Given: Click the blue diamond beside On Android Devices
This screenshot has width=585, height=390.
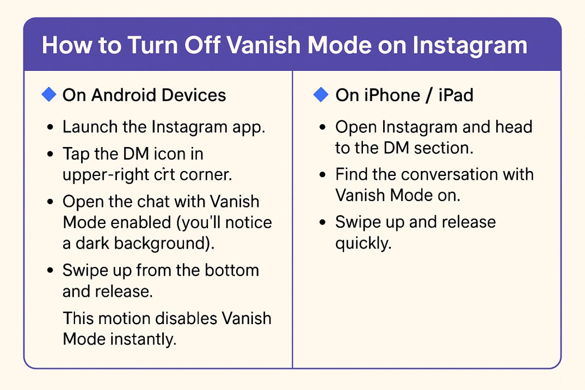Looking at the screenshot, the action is pyautogui.click(x=49, y=95).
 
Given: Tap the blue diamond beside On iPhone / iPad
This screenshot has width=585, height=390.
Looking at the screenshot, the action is pyautogui.click(x=321, y=95).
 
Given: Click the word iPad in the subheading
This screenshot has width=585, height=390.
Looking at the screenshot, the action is pyautogui.click(x=456, y=95).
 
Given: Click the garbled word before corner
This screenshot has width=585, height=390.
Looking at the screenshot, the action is pyautogui.click(x=164, y=175).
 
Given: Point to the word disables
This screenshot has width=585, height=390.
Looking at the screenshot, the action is pyautogui.click(x=186, y=319).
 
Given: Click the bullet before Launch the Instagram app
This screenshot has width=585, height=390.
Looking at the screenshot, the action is pyautogui.click(x=51, y=127).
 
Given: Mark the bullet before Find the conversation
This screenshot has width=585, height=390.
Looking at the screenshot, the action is pyautogui.click(x=323, y=175).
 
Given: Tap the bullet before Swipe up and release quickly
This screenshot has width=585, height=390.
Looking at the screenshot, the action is pyautogui.click(x=323, y=223).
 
